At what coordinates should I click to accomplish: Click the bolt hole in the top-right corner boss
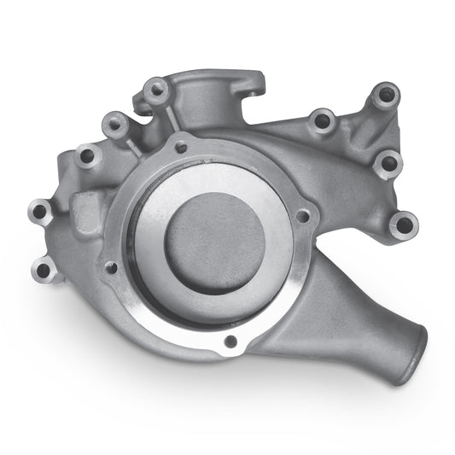pyautogui.click(x=387, y=94)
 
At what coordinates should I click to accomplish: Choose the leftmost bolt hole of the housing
pyautogui.click(x=39, y=209)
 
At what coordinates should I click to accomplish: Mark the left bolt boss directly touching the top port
pyautogui.click(x=155, y=88)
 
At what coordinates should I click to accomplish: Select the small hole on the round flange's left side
pyautogui.click(x=110, y=268)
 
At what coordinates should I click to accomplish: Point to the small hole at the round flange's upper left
pyautogui.click(x=180, y=149)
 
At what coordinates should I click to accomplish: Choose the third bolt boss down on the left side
pyautogui.click(x=85, y=157)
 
